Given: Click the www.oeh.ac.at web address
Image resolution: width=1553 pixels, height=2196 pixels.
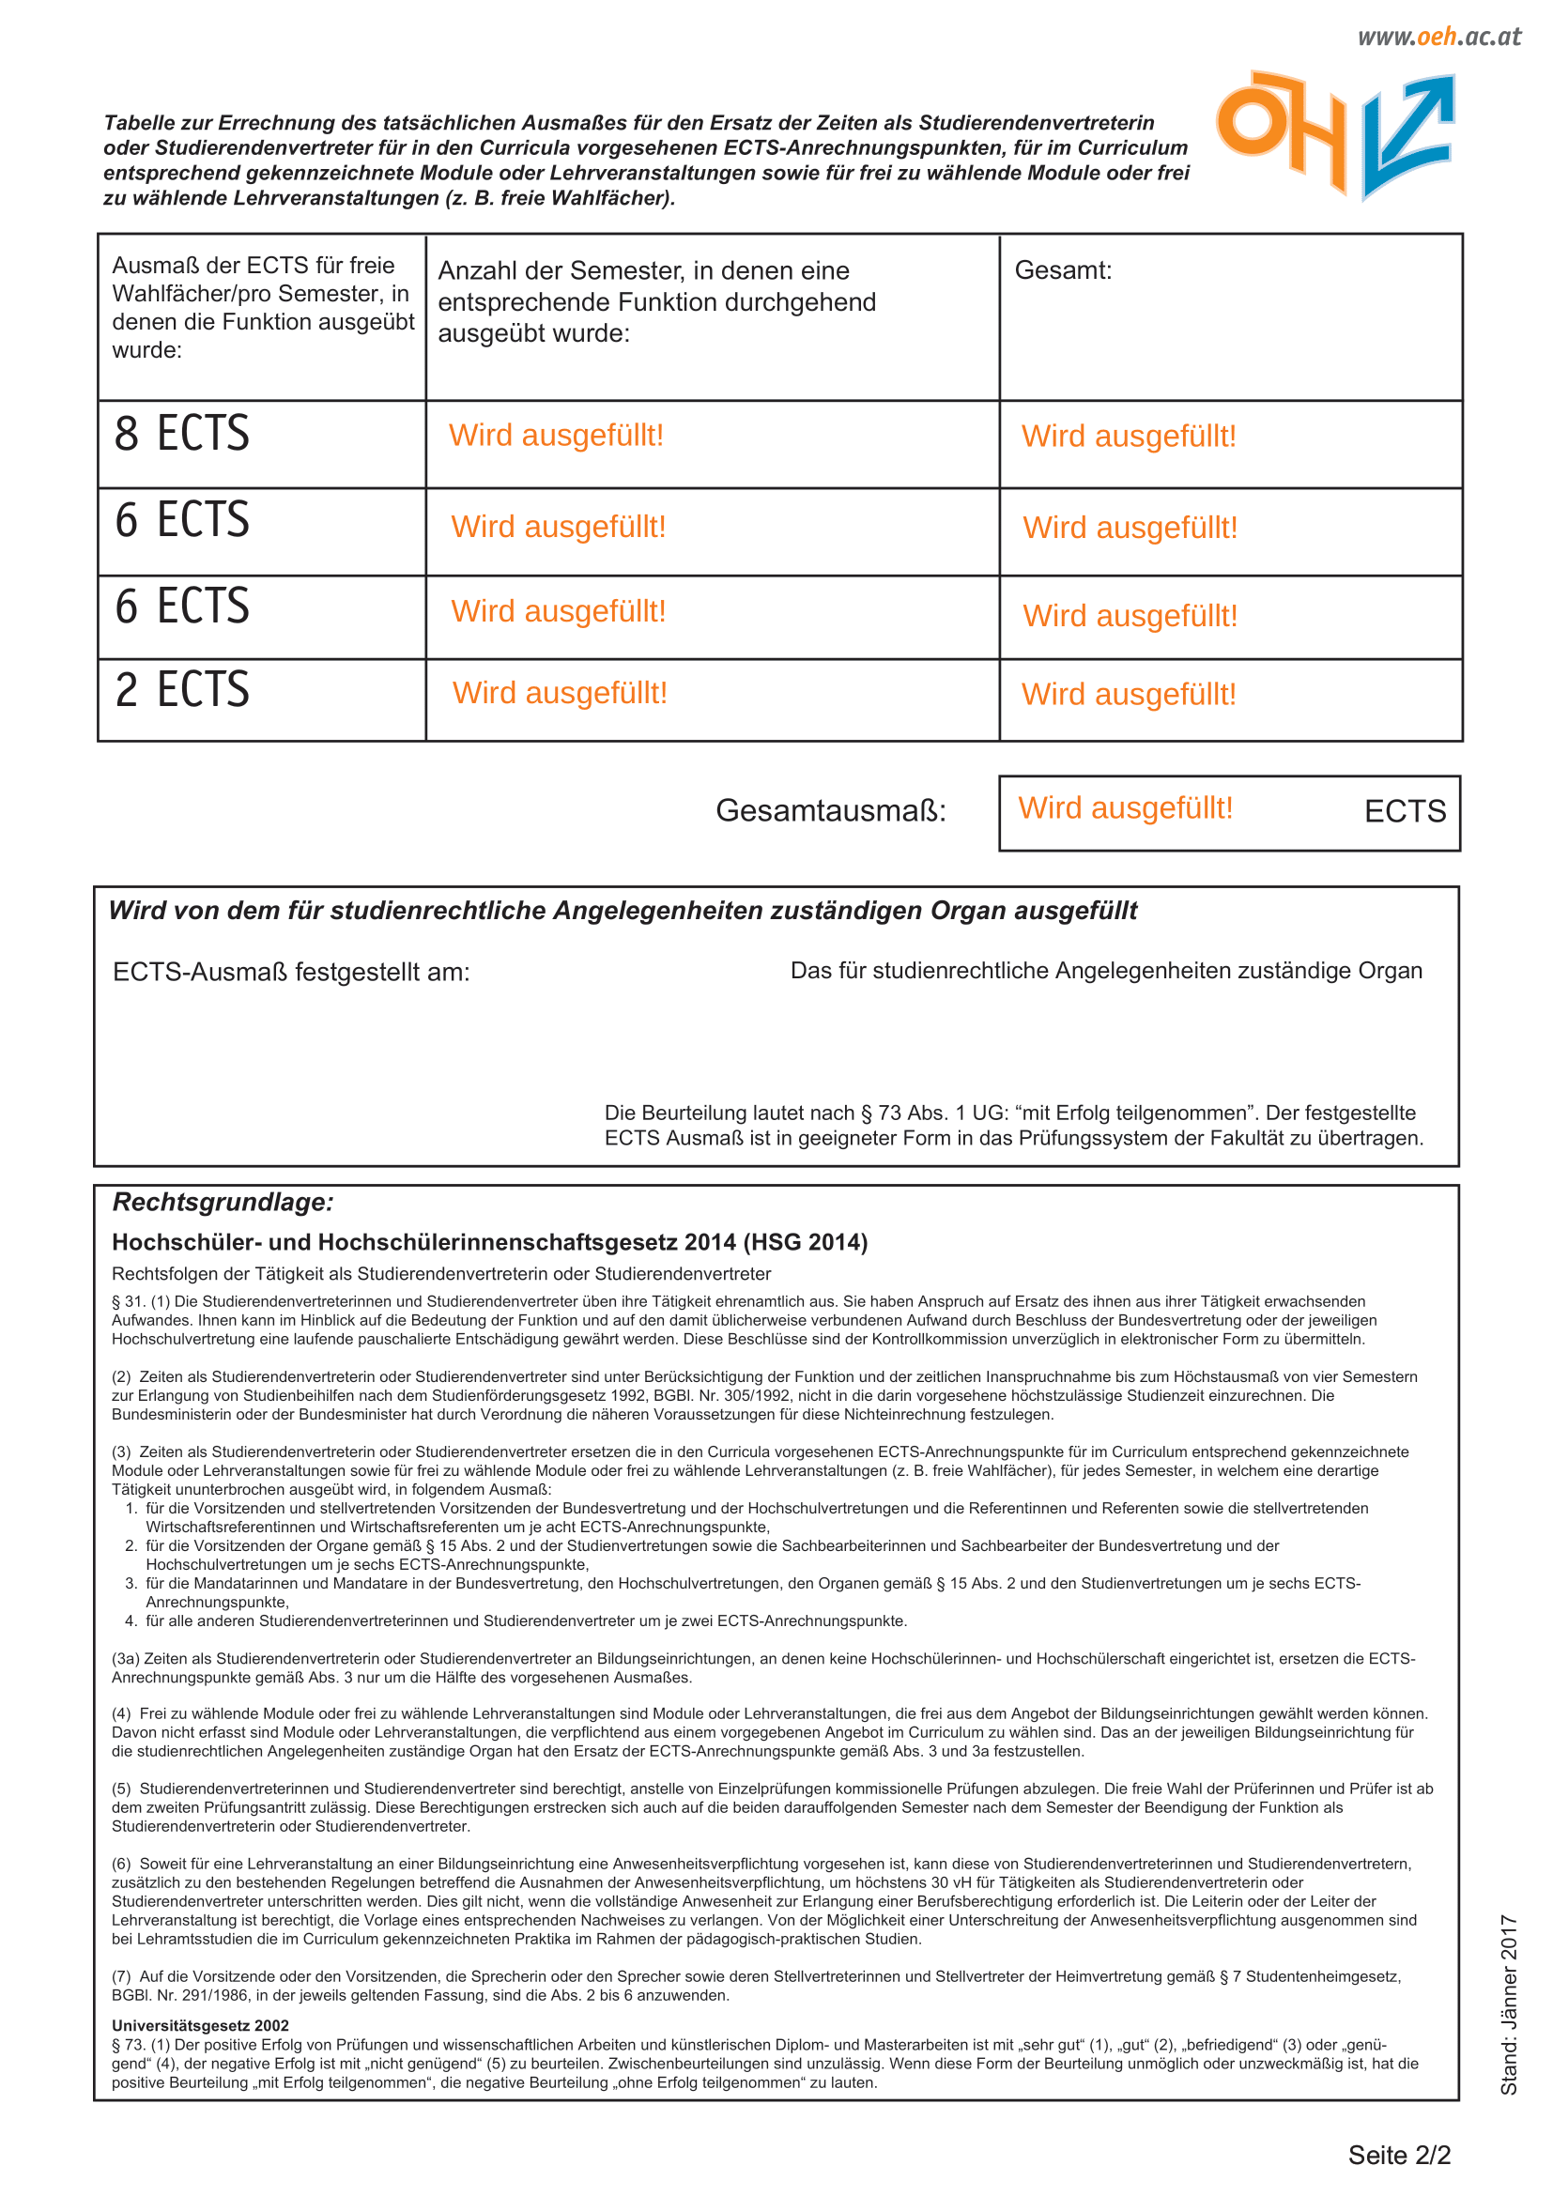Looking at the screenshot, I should pyautogui.click(x=1438, y=38).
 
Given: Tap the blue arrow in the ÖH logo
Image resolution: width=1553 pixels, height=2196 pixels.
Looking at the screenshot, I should pyautogui.click(x=1407, y=134).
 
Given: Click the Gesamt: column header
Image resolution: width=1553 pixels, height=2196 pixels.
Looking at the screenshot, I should pyautogui.click(x=1063, y=270).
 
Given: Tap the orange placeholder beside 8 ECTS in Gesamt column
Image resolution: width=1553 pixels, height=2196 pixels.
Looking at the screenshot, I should pyautogui.click(x=1129, y=437).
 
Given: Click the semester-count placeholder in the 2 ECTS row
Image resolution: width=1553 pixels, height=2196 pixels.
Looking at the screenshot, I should pyautogui.click(x=560, y=694).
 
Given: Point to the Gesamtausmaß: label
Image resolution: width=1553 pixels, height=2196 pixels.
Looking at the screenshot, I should pyautogui.click(x=830, y=811).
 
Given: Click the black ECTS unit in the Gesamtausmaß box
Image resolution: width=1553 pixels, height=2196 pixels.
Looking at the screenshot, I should pyautogui.click(x=1404, y=812).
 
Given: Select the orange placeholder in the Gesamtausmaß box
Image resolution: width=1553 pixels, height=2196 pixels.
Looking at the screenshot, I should pyautogui.click(x=1125, y=808).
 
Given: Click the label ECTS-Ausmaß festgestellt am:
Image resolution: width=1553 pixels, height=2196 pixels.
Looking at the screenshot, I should pyautogui.click(x=291, y=973).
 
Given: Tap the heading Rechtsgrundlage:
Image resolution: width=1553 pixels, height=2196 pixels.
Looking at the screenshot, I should pyautogui.click(x=223, y=1203).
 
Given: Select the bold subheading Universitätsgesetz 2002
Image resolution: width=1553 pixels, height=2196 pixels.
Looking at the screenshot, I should pyautogui.click(x=200, y=2026).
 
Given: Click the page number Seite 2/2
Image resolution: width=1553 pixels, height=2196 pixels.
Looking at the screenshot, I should pyautogui.click(x=1398, y=2155).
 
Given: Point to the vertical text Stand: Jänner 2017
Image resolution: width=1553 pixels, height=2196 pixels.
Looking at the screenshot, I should pyautogui.click(x=1508, y=2004).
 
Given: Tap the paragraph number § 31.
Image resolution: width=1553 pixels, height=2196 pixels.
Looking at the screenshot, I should pyautogui.click(x=127, y=1301).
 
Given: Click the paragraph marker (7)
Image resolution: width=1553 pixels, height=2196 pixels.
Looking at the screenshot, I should pyautogui.click(x=121, y=1976).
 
